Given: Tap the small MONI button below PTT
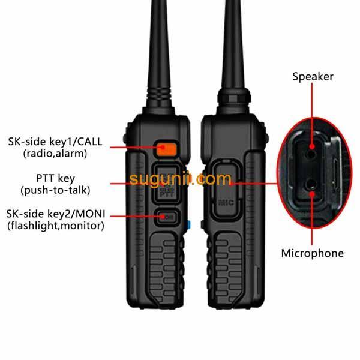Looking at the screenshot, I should pyautogui.click(x=167, y=217).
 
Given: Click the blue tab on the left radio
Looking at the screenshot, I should pyautogui.click(x=188, y=226).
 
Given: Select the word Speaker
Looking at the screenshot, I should pyautogui.click(x=313, y=76).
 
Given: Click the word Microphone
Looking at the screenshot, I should pyautogui.click(x=312, y=253).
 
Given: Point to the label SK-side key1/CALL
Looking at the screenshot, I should pyautogui.click(x=55, y=142).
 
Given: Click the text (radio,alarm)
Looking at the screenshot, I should pyautogui.click(x=55, y=154).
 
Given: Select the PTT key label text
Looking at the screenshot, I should pyautogui.click(x=55, y=178).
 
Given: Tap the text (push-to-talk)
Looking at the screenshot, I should pyautogui.click(x=55, y=190).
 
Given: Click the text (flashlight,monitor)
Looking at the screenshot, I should pyautogui.click(x=55, y=226).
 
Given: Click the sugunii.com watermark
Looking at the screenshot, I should pyautogui.click(x=180, y=179).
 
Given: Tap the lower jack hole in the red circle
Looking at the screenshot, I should pyautogui.click(x=313, y=186).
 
